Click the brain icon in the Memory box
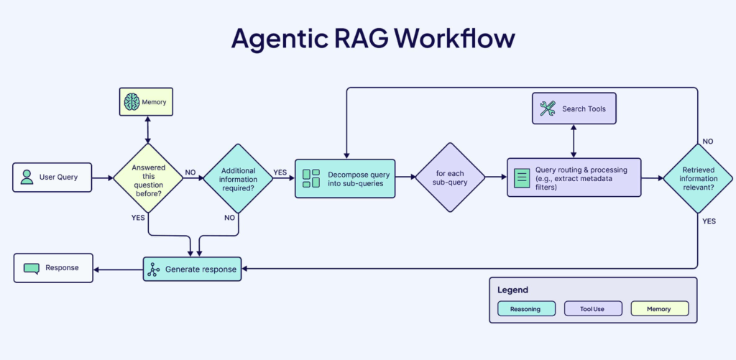click(132, 102)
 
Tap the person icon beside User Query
click(27, 177)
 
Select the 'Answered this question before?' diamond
click(148, 178)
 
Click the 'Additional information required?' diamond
click(238, 178)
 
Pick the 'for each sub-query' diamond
click(450, 177)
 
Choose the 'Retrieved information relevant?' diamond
click(697, 178)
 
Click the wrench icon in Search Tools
click(547, 109)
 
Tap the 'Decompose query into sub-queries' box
click(345, 178)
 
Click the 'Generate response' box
click(192, 269)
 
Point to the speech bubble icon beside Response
click(32, 269)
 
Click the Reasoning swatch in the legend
click(526, 309)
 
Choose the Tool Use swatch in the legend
click(593, 309)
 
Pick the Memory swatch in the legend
click(660, 309)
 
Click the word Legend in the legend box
click(512, 290)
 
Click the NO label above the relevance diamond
click(708, 141)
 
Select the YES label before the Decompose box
click(280, 172)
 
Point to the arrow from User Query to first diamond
click(103, 178)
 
